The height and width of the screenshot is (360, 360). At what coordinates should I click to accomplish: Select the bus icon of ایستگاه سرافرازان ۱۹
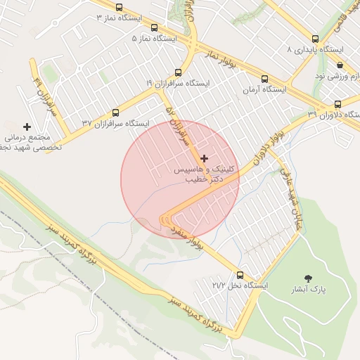[178, 72]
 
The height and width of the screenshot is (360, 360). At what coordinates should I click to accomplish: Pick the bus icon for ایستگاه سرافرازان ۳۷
[116, 112]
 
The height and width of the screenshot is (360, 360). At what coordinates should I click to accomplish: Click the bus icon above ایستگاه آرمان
[264, 79]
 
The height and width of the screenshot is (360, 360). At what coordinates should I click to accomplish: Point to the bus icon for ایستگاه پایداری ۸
[314, 39]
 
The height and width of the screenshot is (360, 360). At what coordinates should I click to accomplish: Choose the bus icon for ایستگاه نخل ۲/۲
[240, 275]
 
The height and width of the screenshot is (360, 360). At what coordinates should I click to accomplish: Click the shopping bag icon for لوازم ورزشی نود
[340, 65]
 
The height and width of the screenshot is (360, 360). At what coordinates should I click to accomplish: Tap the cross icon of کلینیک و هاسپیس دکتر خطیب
[205, 158]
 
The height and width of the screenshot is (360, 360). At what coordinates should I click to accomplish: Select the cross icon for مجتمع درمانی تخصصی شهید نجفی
[27, 127]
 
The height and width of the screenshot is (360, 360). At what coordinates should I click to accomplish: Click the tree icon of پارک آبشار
[307, 278]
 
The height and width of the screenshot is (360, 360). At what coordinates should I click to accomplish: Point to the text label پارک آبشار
[309, 290]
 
